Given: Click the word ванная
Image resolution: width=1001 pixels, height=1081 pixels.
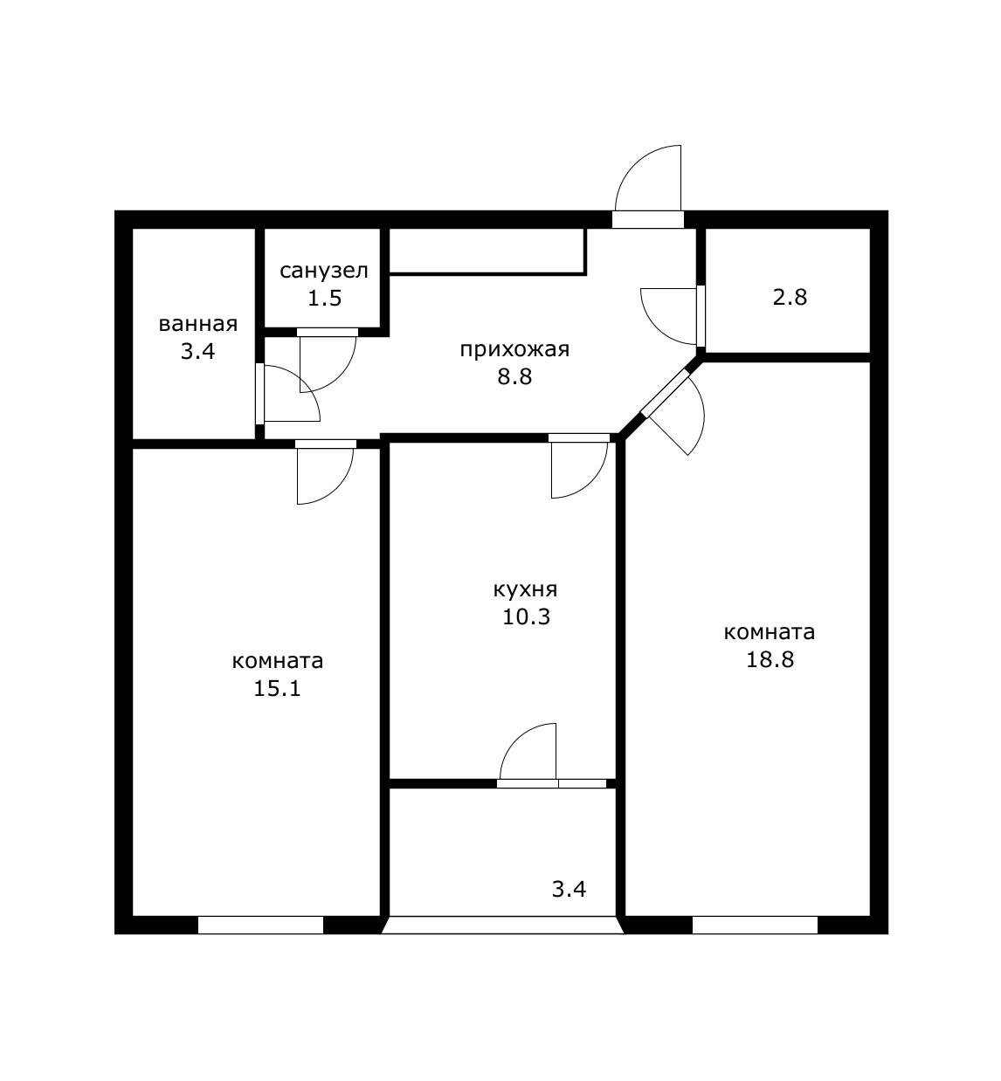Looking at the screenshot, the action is click(198, 324).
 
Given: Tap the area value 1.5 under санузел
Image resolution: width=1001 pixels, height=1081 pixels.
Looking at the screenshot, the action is click(325, 298).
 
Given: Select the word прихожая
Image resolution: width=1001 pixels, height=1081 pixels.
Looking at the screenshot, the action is click(514, 350).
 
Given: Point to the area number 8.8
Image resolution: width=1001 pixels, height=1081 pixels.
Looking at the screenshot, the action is click(514, 376).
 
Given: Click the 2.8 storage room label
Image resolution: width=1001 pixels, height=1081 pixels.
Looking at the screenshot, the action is click(790, 297).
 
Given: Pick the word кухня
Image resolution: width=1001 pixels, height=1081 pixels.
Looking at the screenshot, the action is click(525, 589).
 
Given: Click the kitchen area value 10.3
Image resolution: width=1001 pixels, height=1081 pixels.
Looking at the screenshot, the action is click(526, 616).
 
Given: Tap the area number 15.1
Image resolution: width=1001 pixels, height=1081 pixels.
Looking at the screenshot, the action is click(277, 689).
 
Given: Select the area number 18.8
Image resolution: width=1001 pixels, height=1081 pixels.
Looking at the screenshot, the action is click(770, 659).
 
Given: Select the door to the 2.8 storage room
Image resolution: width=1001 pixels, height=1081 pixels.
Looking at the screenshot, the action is click(670, 316).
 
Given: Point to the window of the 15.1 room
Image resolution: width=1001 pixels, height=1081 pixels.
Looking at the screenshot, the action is click(260, 925).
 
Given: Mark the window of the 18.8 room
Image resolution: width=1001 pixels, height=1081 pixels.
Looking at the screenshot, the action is click(755, 925).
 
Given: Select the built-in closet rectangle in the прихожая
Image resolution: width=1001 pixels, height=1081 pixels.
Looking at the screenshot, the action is click(487, 251).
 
